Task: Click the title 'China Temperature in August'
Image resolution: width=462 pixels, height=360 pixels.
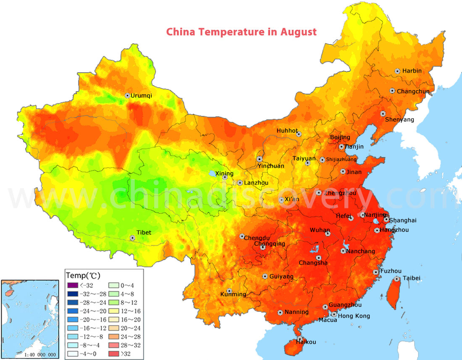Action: [241, 32]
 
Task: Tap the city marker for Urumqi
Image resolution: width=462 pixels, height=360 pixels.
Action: [127, 96]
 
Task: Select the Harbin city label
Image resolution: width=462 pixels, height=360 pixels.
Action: [412, 71]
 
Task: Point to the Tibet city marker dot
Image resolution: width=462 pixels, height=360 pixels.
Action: [133, 238]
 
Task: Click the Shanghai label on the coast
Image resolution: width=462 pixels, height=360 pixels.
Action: [403, 220]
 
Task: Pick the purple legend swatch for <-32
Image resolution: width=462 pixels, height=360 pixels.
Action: [73, 286]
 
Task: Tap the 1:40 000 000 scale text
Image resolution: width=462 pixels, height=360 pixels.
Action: [29, 355]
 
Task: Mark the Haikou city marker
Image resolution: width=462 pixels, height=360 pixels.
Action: [299, 338]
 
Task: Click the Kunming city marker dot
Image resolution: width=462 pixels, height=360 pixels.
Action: [229, 291]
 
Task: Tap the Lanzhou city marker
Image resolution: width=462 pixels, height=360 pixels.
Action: [240, 183]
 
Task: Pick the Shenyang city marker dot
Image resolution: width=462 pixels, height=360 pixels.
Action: [383, 113]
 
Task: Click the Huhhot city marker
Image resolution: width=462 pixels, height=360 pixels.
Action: [299, 134]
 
